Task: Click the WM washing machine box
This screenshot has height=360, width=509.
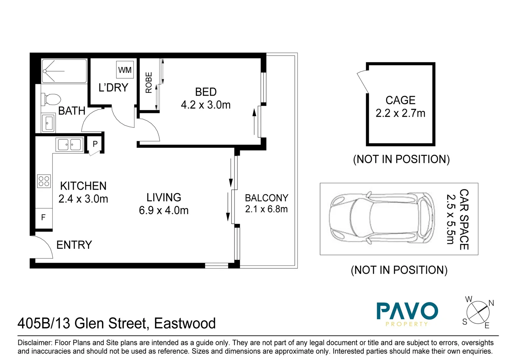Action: click(x=125, y=70)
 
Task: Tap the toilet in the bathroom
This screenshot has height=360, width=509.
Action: click(x=51, y=99)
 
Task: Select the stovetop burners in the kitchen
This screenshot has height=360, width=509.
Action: click(x=44, y=181)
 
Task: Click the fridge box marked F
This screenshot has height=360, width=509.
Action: click(x=44, y=218)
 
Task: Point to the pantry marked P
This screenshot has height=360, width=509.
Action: click(x=95, y=144)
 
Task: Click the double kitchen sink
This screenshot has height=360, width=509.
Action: click(x=70, y=145)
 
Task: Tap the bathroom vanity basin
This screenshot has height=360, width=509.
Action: click(x=49, y=123)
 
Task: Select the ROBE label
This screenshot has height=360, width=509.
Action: click(x=149, y=83)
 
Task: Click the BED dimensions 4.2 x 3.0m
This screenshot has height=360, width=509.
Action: click(x=206, y=105)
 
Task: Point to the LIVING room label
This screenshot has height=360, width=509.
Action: click(x=164, y=197)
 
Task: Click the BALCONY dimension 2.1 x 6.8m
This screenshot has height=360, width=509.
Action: click(x=266, y=209)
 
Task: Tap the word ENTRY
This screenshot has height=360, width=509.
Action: click(x=74, y=245)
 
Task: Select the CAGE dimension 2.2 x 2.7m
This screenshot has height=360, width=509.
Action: click(x=400, y=113)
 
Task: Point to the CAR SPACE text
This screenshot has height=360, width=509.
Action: click(x=464, y=219)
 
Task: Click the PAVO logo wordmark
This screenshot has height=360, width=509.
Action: click(x=407, y=311)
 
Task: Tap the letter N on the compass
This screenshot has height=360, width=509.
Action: click(x=491, y=303)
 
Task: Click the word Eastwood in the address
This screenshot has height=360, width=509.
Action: click(x=185, y=323)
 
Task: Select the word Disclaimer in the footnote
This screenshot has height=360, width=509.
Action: click(x=35, y=343)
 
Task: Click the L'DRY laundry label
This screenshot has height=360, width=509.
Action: click(x=113, y=88)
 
